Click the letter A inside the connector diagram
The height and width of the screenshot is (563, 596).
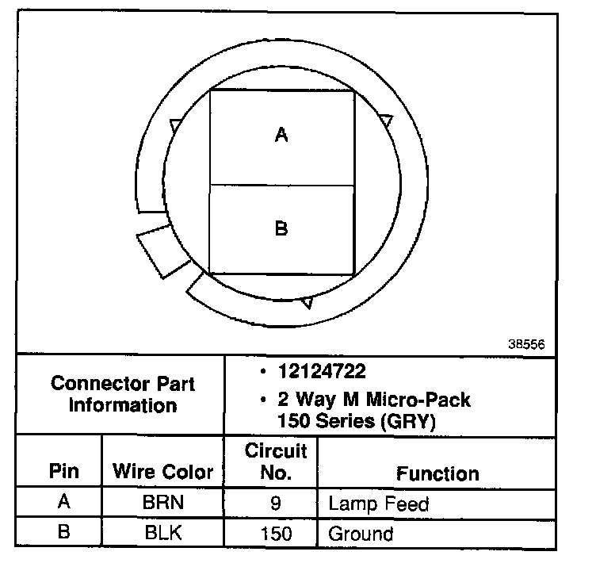281,136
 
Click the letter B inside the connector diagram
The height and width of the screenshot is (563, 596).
281,228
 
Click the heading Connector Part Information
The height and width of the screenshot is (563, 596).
122,395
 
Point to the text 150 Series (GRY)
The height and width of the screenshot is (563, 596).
357,422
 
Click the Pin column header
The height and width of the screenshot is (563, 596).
64,472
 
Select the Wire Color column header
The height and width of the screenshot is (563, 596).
162,473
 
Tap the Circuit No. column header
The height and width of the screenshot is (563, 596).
275,462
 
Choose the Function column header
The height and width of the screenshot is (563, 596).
437,473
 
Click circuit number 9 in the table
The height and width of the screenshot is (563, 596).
275,504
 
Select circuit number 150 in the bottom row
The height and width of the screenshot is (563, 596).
275,533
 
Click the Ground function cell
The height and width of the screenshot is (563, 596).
361,533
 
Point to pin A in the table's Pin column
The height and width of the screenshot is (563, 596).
64,504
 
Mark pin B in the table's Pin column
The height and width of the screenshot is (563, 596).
64,533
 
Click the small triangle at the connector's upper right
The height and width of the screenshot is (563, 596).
385,121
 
